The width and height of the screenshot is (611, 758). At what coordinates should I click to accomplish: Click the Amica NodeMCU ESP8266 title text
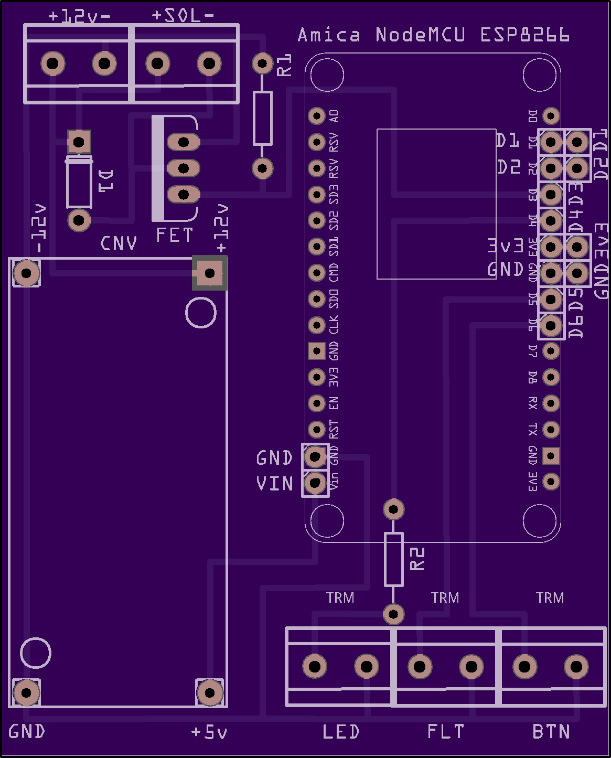pos(433,35)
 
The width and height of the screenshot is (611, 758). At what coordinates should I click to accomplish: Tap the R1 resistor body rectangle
pos(262,118)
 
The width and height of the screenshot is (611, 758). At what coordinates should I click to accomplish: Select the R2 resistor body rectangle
pos(393,559)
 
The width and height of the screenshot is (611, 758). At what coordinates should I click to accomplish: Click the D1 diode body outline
pos(79,182)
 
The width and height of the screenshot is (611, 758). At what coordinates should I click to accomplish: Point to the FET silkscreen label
pos(175,236)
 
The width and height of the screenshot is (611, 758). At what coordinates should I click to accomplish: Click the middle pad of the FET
pos(183,168)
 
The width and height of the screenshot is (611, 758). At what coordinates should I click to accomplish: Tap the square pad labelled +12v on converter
pos(210,273)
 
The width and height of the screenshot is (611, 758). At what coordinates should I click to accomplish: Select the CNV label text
pos(119,243)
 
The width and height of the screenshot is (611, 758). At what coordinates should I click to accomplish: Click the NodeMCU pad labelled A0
pos(317,115)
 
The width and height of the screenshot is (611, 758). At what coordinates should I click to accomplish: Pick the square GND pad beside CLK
pos(317,350)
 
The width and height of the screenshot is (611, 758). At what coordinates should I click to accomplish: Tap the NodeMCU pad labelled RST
pos(317,430)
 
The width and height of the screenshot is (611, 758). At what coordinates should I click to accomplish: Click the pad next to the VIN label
pos(315,482)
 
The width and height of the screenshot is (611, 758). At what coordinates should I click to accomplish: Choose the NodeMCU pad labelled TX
pos(551,430)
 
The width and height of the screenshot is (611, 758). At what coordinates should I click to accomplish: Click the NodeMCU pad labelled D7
pos(551,350)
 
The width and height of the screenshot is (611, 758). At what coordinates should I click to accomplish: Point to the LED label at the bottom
pos(341,732)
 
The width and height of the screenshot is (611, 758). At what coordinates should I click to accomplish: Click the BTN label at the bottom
pos(551,732)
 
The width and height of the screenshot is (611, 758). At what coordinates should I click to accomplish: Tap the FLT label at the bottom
pos(445,732)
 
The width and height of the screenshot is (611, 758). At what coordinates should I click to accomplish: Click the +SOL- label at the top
pos(183,16)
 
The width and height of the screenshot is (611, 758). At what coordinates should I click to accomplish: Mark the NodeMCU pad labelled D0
pos(551,115)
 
